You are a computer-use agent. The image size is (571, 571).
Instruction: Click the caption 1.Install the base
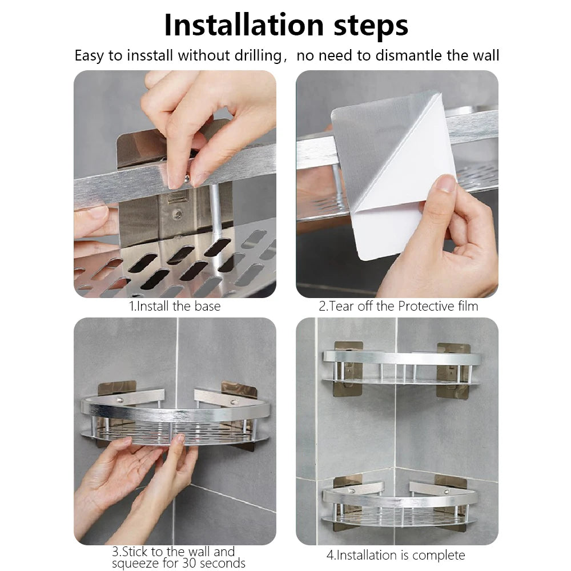pyautogui.click(x=175, y=306)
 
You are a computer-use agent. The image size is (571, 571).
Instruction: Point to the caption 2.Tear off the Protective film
pyautogui.click(x=398, y=306)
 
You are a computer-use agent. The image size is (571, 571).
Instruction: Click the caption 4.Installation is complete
pyautogui.click(x=396, y=555)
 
